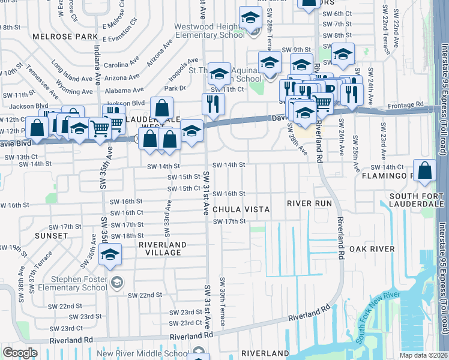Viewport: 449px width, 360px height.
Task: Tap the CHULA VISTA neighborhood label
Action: pos(240,209)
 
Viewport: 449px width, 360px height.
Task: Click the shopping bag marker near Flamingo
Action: pos(424,170)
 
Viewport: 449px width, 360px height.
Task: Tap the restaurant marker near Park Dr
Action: pos(212,104)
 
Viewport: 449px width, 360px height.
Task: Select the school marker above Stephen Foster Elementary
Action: pos(110,256)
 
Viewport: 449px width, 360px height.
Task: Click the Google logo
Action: pos(20,352)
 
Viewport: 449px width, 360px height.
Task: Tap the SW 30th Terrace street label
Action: pos(222,301)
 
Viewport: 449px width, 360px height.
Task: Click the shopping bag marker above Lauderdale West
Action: pos(161,109)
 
